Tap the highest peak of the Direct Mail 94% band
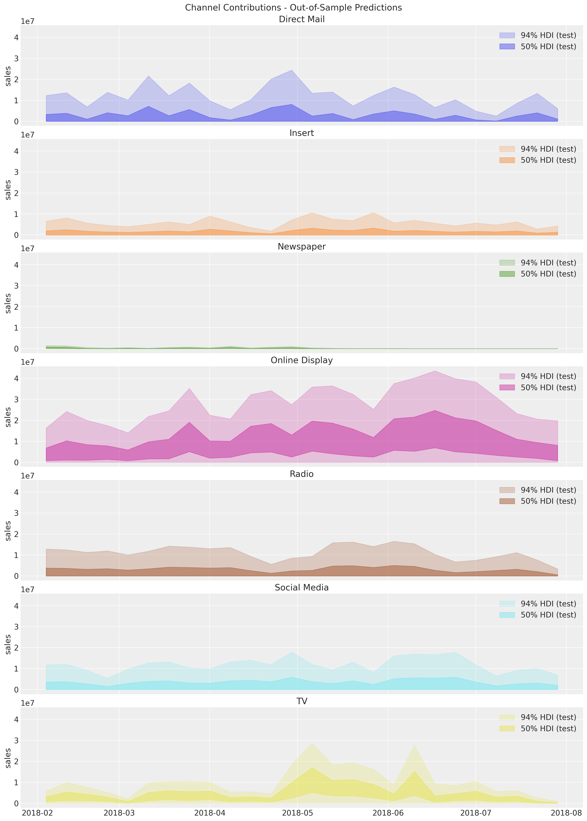(292, 70)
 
